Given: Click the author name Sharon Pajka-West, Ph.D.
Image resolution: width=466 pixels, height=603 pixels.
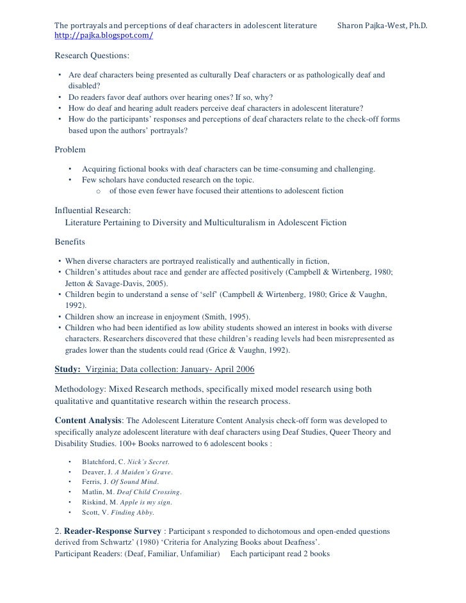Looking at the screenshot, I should (x=382, y=26).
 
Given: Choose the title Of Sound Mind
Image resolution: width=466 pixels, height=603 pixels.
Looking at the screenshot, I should (x=134, y=482).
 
